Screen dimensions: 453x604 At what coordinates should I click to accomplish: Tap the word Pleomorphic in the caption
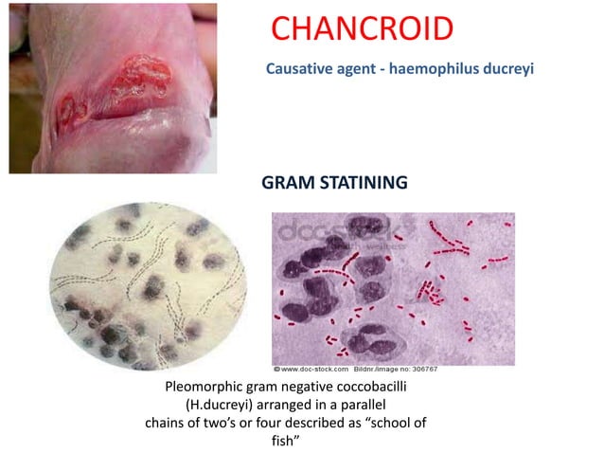pyautogui.click(x=206, y=388)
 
